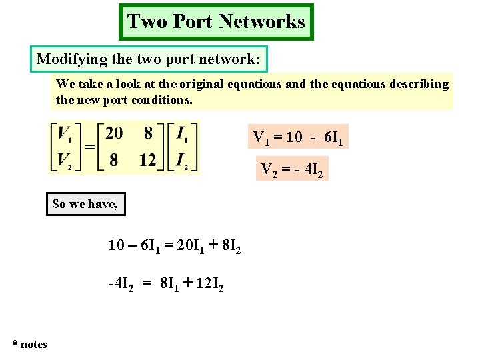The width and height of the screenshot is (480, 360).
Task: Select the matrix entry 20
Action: pyautogui.click(x=114, y=133)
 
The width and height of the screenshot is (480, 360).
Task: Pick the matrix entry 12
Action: pyautogui.click(x=148, y=160)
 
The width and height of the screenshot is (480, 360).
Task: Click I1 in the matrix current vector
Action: pyautogui.click(x=181, y=134)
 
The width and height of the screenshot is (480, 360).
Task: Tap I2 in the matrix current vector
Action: pyautogui.click(x=181, y=161)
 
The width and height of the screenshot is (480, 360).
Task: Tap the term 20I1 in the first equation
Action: pyautogui.click(x=185, y=246)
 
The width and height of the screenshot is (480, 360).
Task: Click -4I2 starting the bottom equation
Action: pyautogui.click(x=121, y=285)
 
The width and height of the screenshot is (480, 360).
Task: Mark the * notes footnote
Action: pyautogui.click(x=29, y=344)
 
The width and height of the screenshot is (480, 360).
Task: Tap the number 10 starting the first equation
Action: pyautogui.click(x=117, y=245)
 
